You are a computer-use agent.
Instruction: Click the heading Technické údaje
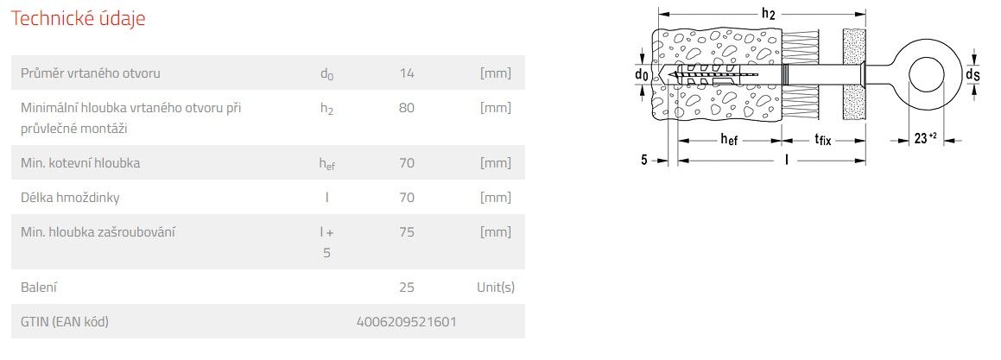click(78, 18)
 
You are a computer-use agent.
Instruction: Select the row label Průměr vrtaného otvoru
click(91, 73)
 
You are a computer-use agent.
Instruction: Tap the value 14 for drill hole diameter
click(407, 73)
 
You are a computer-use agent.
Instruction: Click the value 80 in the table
click(407, 107)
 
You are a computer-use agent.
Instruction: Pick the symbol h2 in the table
click(326, 108)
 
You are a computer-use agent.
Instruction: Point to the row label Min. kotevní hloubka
click(80, 163)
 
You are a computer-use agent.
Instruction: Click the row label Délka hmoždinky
click(70, 197)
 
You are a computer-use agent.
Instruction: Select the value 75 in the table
click(407, 231)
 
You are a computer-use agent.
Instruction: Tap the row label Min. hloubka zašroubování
click(98, 231)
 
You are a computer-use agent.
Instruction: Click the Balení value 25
click(407, 287)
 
